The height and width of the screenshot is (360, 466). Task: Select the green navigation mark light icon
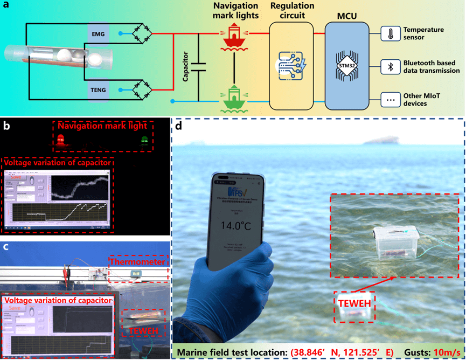pos(233,99)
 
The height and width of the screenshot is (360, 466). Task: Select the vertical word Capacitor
pos(186,67)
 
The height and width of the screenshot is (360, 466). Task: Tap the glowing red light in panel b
pos(60,141)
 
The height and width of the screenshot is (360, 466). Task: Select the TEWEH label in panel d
pos(354,302)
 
